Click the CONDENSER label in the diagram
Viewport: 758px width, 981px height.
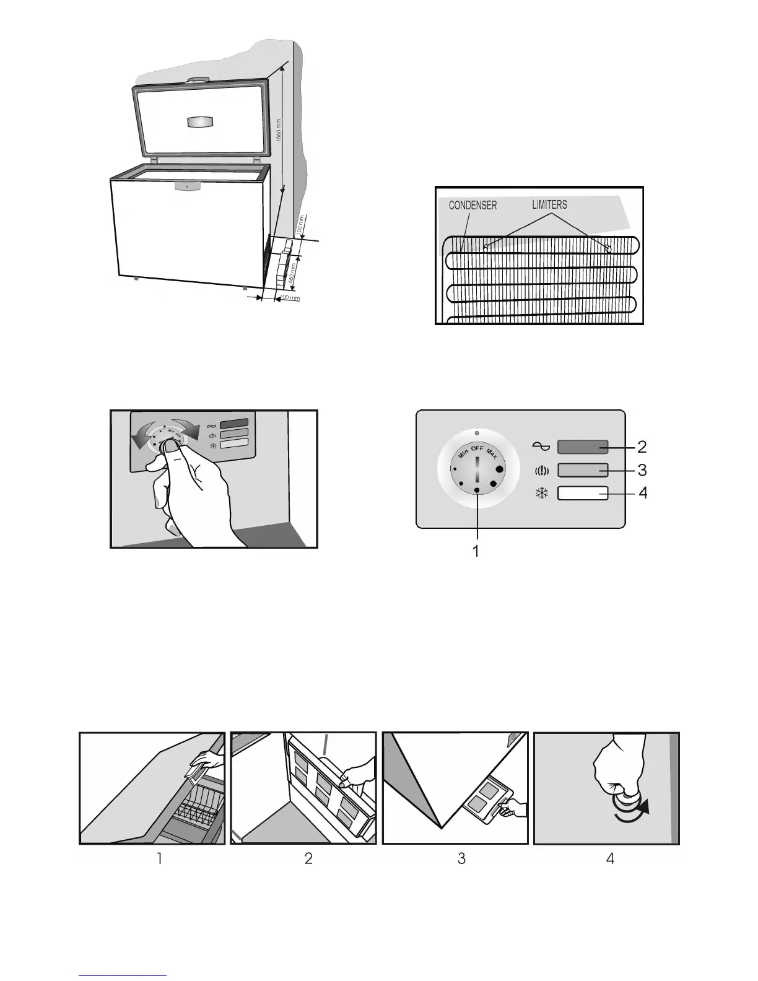pos(473,205)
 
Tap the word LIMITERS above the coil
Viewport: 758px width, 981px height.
pos(549,204)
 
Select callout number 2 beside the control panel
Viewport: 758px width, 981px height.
pos(642,446)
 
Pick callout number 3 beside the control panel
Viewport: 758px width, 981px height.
pos(642,470)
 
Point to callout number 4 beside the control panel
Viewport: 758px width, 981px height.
pos(642,494)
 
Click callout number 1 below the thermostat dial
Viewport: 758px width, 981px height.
pos(476,550)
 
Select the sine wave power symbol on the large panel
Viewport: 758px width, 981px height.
pos(540,446)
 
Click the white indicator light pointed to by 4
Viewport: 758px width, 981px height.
pos(583,494)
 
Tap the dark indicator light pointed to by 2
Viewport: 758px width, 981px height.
pos(583,447)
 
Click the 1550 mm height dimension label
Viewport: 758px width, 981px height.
pos(279,131)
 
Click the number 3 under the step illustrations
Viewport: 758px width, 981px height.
pos(461,858)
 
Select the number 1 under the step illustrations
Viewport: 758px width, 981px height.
pos(159,858)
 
